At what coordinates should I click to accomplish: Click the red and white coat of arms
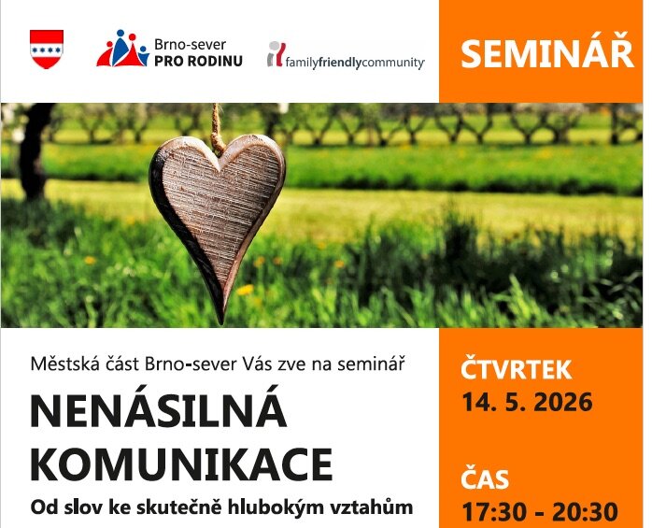pyautogui.click(x=47, y=49)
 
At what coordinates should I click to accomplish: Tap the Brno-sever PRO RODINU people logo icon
pyautogui.click(x=122, y=49)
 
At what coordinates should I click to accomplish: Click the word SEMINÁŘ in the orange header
pyautogui.click(x=546, y=53)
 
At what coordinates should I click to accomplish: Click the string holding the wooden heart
pyautogui.click(x=218, y=127)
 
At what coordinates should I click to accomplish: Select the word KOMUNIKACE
pyautogui.click(x=181, y=464)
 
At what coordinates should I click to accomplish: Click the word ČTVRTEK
pyautogui.click(x=516, y=370)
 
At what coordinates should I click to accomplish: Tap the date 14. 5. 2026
pyautogui.click(x=527, y=403)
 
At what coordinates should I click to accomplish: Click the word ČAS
pyautogui.click(x=485, y=480)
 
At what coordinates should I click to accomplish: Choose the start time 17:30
pyautogui.click(x=491, y=512)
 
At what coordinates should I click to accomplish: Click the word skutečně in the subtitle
pyautogui.click(x=194, y=508)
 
